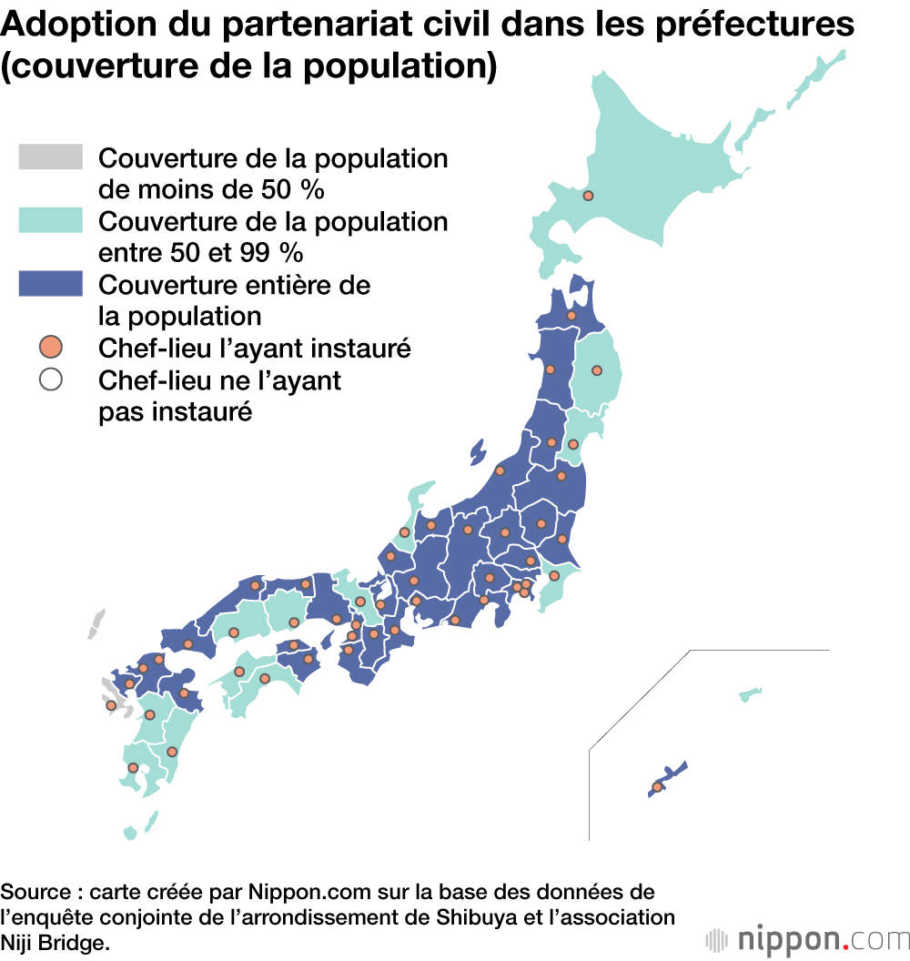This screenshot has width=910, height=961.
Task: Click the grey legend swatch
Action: pos(50,157)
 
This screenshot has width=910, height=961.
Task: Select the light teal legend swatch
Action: pos(50,220)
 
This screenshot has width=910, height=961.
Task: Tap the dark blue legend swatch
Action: pos(50,284)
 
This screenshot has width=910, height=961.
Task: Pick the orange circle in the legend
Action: pos(51,347)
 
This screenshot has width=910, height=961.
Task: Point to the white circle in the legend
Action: pos(51,379)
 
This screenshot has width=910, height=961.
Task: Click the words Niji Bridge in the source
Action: pos(55,944)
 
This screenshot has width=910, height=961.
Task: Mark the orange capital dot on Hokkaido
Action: pos(588,196)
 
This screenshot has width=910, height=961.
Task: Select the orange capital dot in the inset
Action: pos(657,787)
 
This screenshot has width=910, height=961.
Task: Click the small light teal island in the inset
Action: pos(750,695)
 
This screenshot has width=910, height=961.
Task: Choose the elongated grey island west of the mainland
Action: pos(96,624)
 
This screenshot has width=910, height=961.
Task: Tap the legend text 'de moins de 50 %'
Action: pos(211,190)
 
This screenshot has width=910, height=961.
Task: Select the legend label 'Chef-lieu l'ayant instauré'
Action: pos(255,348)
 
